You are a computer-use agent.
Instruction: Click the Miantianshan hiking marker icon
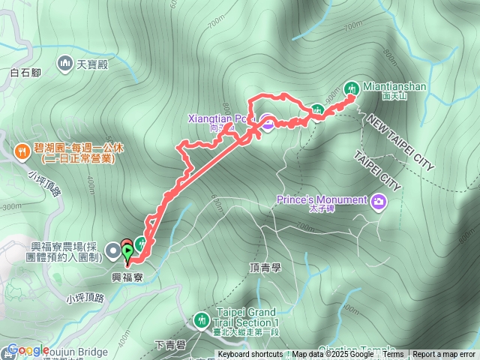tap(350, 88)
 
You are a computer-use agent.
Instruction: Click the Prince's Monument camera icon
tap(379, 200)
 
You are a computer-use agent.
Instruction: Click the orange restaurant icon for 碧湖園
tap(24, 150)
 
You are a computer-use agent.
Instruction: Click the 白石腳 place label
tap(25, 73)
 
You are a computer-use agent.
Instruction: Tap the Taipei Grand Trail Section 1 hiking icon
tap(201, 320)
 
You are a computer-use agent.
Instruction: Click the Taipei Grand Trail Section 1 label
tap(245, 317)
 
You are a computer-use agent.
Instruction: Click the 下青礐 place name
tap(169, 344)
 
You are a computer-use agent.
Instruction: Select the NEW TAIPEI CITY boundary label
tap(400, 143)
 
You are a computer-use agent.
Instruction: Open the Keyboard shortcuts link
tap(250, 355)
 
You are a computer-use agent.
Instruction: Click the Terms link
tap(393, 355)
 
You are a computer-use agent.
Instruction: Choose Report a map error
tap(445, 355)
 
